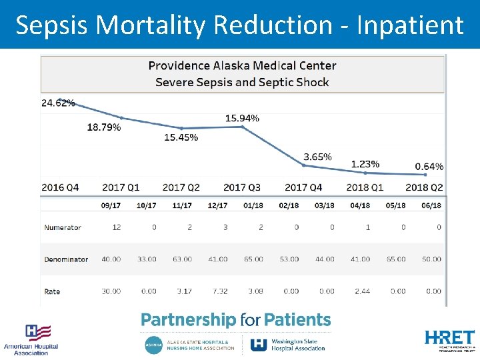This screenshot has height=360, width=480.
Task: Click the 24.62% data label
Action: click(x=58, y=103)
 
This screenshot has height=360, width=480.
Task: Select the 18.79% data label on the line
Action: click(x=104, y=127)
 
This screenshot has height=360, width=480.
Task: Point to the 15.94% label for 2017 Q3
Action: click(x=242, y=118)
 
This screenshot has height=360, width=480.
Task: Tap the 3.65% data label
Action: click(x=317, y=157)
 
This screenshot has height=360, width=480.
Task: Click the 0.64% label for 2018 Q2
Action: click(x=429, y=166)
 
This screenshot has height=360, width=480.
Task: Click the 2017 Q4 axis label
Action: click(x=303, y=187)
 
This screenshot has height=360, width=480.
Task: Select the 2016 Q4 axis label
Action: click(x=60, y=187)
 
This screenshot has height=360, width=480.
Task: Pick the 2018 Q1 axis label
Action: click(x=365, y=187)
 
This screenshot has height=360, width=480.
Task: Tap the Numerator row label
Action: click(x=63, y=227)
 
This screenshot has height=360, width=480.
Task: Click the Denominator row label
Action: click(x=66, y=259)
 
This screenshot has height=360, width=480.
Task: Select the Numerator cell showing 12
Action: click(x=116, y=227)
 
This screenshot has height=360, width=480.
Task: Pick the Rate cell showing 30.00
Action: click(x=111, y=291)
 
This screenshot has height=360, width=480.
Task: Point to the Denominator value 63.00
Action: click(x=182, y=259)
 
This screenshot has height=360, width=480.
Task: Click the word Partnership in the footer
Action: click(x=188, y=320)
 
